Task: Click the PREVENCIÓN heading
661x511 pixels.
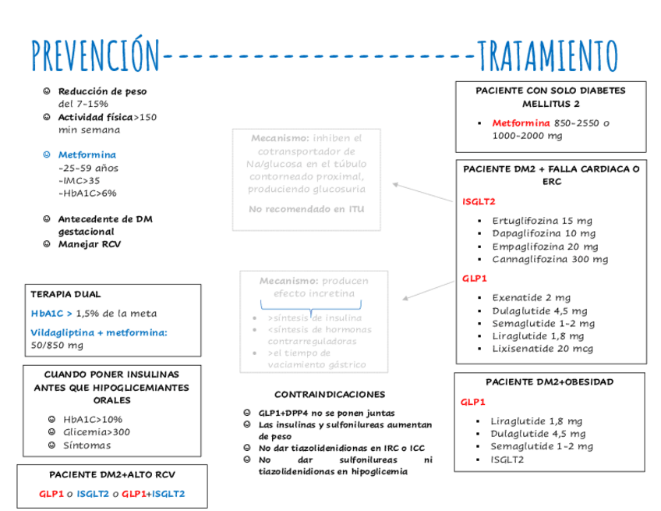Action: click(x=94, y=55)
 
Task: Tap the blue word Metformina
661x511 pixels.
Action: click(x=87, y=154)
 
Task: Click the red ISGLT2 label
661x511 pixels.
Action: click(x=479, y=201)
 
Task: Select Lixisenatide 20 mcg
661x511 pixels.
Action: click(x=542, y=349)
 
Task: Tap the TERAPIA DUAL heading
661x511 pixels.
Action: click(x=65, y=294)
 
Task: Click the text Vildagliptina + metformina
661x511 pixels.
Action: click(x=99, y=332)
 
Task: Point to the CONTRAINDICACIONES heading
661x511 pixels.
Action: click(x=330, y=394)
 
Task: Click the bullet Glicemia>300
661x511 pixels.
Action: click(x=97, y=432)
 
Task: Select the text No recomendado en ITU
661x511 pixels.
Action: click(x=306, y=209)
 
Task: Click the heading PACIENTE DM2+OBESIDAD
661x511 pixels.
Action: click(x=549, y=382)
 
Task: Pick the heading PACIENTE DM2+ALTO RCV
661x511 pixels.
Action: click(x=111, y=474)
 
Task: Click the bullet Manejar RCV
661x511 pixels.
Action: click(x=90, y=244)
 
